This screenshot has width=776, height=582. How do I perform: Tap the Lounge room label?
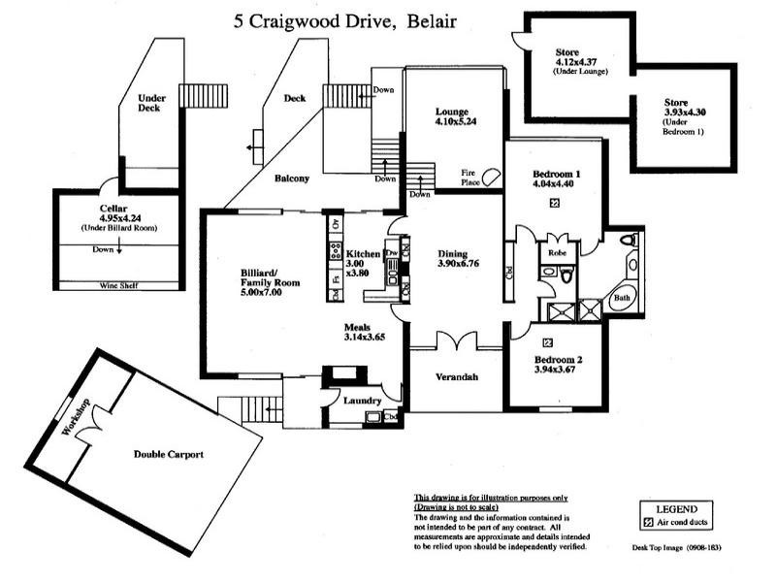[452, 111]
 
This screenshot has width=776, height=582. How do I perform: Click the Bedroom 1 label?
[554, 176]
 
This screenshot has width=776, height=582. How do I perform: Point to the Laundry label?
[349, 400]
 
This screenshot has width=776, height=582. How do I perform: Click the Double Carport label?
[168, 454]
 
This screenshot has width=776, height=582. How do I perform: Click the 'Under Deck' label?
[151, 103]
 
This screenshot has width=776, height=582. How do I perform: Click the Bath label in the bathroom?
[621, 298]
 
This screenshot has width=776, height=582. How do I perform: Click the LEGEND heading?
[676, 507]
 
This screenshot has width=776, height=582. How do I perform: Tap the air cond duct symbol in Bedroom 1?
[554, 203]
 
